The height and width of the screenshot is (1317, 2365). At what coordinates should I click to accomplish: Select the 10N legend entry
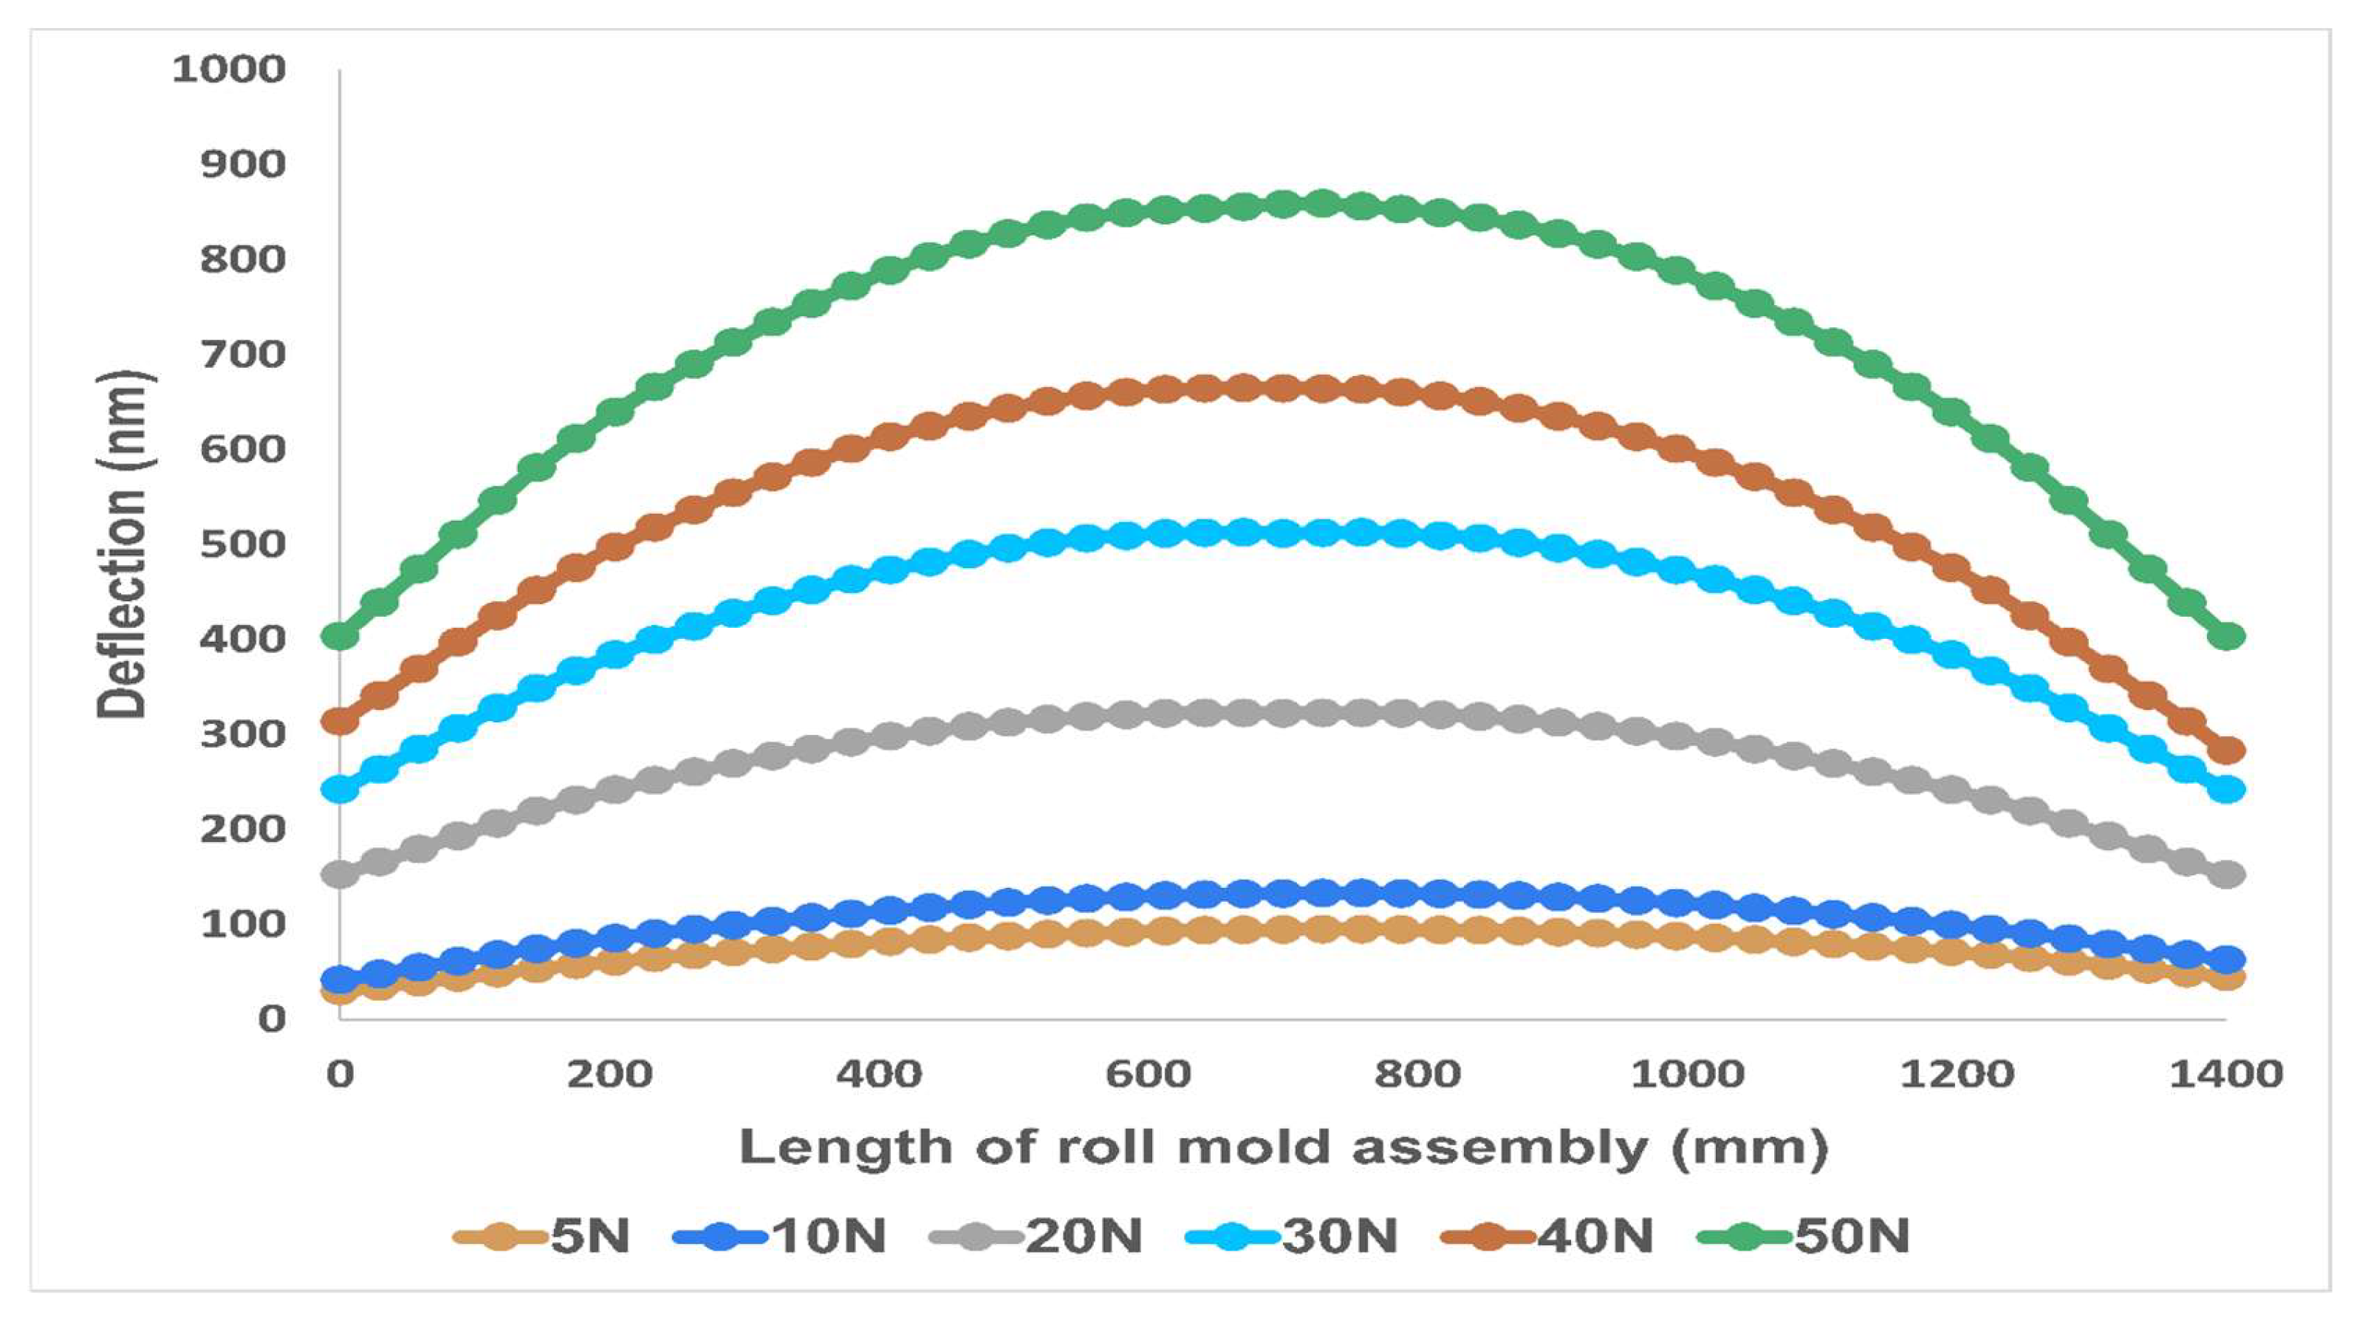coord(781,1236)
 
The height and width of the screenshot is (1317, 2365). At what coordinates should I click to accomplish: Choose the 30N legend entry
coord(1293,1236)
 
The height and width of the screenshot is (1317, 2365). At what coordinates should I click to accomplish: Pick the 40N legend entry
coord(1548,1236)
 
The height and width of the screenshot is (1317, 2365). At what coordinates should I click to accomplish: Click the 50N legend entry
coord(1804,1236)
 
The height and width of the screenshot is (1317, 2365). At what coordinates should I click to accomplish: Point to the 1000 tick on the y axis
coord(230,69)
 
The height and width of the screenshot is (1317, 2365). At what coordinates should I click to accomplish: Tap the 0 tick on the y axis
coord(272,1019)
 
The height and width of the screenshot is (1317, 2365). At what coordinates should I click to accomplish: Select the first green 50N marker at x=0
coord(340,635)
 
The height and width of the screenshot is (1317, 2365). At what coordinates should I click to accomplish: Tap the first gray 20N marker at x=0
coord(340,873)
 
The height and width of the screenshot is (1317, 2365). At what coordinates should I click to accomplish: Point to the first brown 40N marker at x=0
coord(340,721)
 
